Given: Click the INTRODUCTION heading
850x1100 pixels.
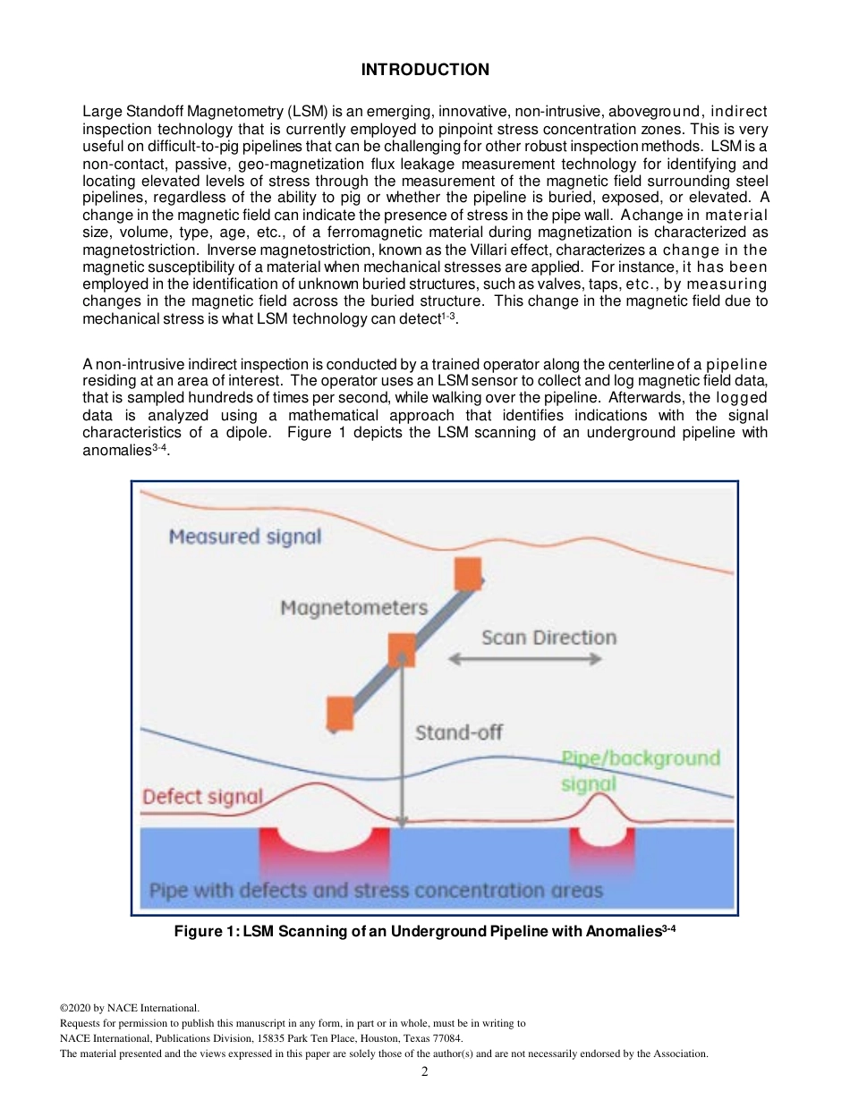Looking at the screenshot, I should (425, 70).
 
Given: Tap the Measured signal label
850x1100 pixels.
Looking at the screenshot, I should (244, 537).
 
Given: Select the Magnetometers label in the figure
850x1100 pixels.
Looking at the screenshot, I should (354, 608).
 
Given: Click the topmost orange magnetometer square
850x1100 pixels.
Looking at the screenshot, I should (468, 574).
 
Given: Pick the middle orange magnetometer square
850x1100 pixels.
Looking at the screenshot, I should (401, 649).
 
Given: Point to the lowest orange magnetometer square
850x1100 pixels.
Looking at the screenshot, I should (340, 713).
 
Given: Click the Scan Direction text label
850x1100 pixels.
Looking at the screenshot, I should (548, 638).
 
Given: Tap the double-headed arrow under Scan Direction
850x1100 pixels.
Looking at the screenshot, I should (524, 659).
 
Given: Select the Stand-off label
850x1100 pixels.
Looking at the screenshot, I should (459, 732).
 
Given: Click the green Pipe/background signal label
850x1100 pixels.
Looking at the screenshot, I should (639, 770).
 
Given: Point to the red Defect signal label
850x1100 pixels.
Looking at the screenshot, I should (202, 796).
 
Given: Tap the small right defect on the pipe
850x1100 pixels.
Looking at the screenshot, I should (601, 846).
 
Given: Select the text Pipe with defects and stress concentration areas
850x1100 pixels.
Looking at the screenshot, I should (375, 891).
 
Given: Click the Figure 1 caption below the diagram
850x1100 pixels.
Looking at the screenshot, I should (424, 931).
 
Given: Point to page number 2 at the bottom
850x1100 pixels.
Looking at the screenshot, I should (425, 1071).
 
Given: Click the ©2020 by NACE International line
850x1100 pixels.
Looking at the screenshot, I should (129, 1008).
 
